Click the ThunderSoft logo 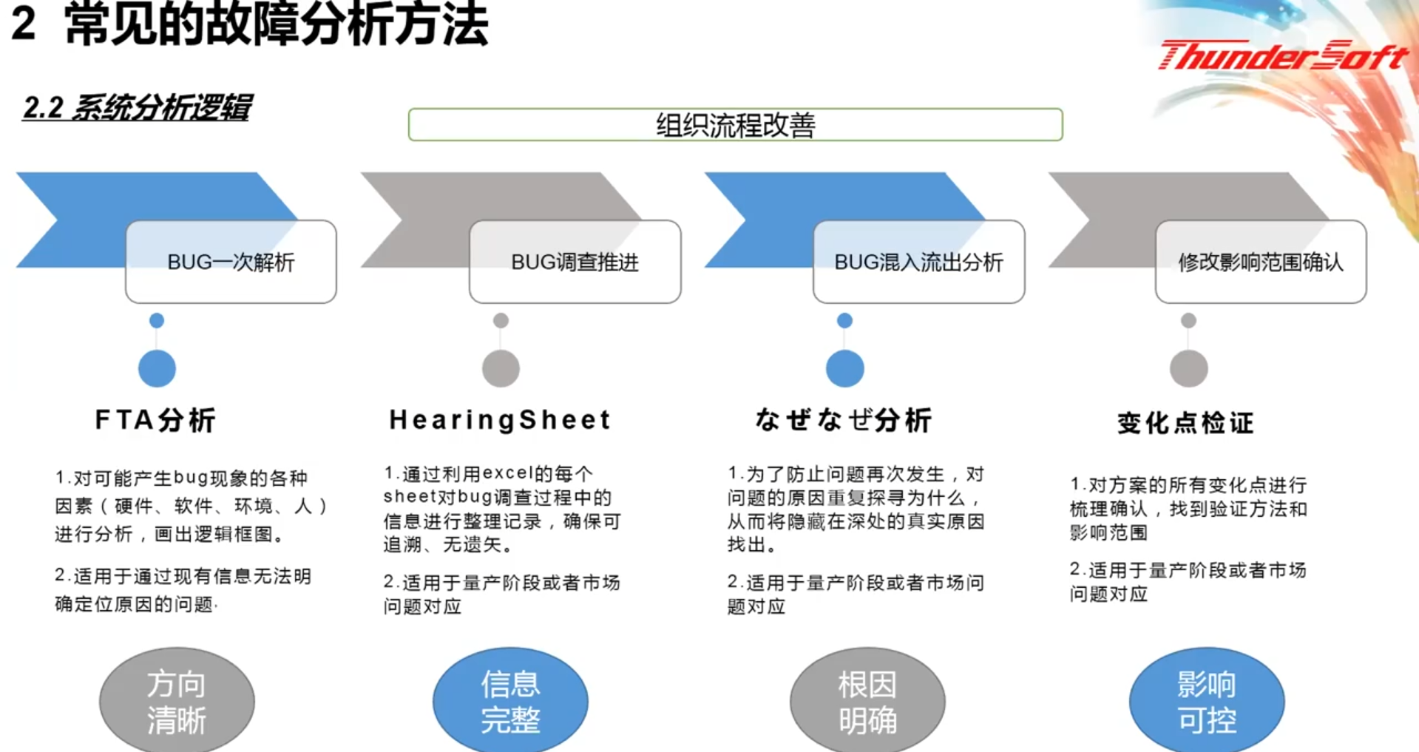[x=1283, y=55]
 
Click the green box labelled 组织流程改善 [x=735, y=124]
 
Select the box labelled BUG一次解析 [x=231, y=262]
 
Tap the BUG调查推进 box [x=575, y=262]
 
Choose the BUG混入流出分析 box [x=918, y=262]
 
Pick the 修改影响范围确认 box [x=1261, y=262]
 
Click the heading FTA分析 [x=155, y=420]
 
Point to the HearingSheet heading [x=500, y=420]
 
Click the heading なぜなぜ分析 [x=844, y=420]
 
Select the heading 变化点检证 [x=1185, y=423]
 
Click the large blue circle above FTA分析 [x=157, y=368]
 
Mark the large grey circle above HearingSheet [x=501, y=368]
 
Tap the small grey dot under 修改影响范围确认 [x=1188, y=320]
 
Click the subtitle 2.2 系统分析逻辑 [x=138, y=108]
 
